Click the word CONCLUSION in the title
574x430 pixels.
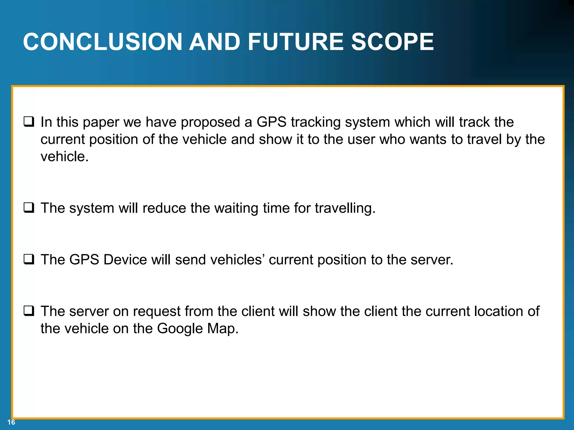(103, 42)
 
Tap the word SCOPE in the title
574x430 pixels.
(392, 42)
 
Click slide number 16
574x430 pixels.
(11, 422)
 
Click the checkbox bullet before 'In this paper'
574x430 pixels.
(29, 122)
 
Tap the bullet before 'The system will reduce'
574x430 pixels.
(29, 208)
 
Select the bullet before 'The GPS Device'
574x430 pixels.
(29, 260)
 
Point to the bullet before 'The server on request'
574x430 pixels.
(29, 311)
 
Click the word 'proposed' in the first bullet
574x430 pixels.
(210, 123)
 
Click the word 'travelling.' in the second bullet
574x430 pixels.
(345, 208)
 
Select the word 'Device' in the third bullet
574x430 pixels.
(125, 260)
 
